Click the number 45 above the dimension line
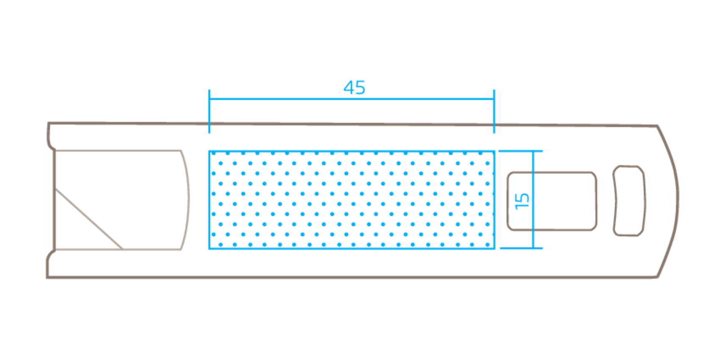click(354, 88)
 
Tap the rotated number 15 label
click(522, 200)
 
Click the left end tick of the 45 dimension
click(209, 110)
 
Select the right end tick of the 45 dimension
click(494, 110)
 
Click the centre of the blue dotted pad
click(352, 199)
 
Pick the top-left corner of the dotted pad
click(209, 151)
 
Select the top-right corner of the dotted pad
click(494, 151)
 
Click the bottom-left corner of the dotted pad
click(209, 248)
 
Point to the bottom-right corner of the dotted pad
click(494, 248)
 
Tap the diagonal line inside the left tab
click(89, 219)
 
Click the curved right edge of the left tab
click(187, 199)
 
